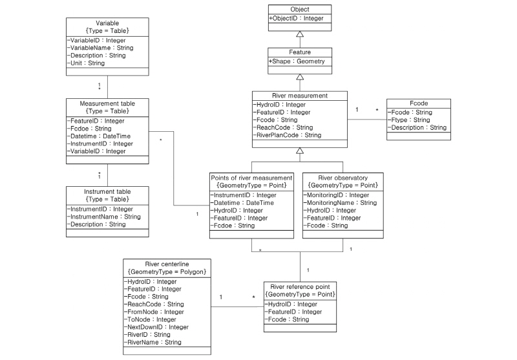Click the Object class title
(299, 10)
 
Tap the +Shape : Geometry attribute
(297, 62)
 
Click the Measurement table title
(107, 103)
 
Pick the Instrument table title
(107, 192)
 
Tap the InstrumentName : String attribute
(105, 217)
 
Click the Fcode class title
(417, 103)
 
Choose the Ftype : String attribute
(410, 120)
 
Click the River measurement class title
(299, 95)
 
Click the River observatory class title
(343, 177)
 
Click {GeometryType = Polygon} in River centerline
(167, 271)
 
